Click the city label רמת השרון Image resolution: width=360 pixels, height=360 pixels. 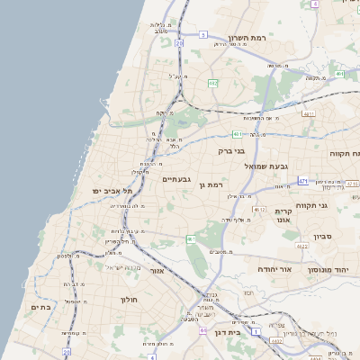coord(249,39)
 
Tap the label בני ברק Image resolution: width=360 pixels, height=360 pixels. coord(232,150)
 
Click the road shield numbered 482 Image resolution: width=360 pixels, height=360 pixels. coord(213,83)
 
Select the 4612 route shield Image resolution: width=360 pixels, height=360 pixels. coord(260,210)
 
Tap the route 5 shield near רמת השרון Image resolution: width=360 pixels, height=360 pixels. coord(203,34)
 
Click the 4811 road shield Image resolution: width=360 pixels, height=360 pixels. coord(309,113)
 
